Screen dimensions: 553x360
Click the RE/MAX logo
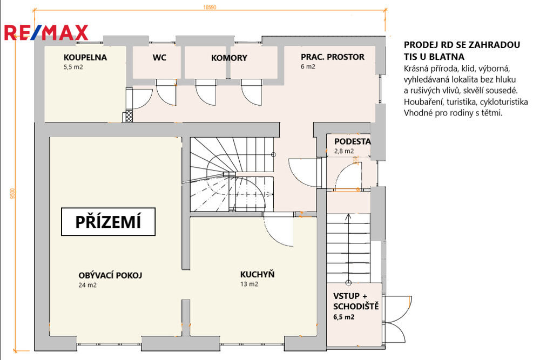click(x=46, y=33)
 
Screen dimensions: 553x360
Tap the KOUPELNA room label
click(x=85, y=57)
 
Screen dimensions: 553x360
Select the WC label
click(x=159, y=57)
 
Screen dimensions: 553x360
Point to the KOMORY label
click(x=229, y=58)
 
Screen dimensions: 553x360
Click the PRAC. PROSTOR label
click(x=333, y=57)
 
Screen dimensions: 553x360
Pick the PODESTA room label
click(x=352, y=141)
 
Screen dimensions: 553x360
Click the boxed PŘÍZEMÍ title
click(x=108, y=221)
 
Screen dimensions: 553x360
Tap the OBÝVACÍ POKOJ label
click(x=110, y=275)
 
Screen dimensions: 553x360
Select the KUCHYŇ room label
click(x=257, y=274)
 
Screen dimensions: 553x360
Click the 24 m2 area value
click(x=87, y=285)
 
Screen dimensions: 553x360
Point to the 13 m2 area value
click(x=249, y=284)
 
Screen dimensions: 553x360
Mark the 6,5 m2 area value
click(x=344, y=317)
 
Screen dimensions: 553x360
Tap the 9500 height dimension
click(x=13, y=194)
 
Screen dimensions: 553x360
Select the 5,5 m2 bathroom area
click(x=73, y=67)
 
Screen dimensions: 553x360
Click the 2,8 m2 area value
click(x=344, y=151)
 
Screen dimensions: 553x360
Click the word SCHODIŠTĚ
click(x=356, y=306)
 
